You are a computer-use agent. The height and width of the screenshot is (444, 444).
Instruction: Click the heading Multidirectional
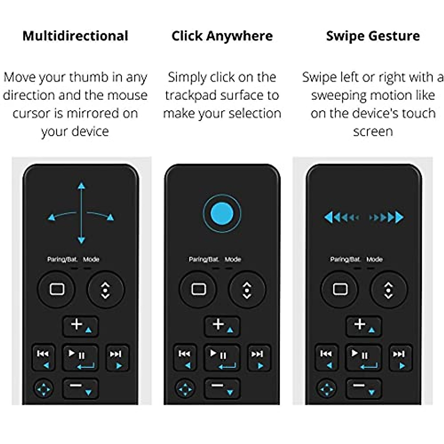(x=75, y=36)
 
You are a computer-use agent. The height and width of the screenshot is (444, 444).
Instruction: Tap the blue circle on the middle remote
(x=222, y=213)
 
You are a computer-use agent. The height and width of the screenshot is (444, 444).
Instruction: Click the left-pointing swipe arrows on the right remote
(x=341, y=217)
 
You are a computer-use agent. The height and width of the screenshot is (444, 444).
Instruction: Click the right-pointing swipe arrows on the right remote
(x=387, y=217)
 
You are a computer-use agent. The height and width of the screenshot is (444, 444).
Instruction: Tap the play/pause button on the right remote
(x=363, y=358)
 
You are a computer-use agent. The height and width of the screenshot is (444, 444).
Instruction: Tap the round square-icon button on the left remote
(x=57, y=289)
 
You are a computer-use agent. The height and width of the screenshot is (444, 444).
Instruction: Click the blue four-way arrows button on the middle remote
(x=185, y=389)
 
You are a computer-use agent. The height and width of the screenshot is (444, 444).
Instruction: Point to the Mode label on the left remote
(x=91, y=259)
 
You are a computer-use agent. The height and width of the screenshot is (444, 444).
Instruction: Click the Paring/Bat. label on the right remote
(x=345, y=259)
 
